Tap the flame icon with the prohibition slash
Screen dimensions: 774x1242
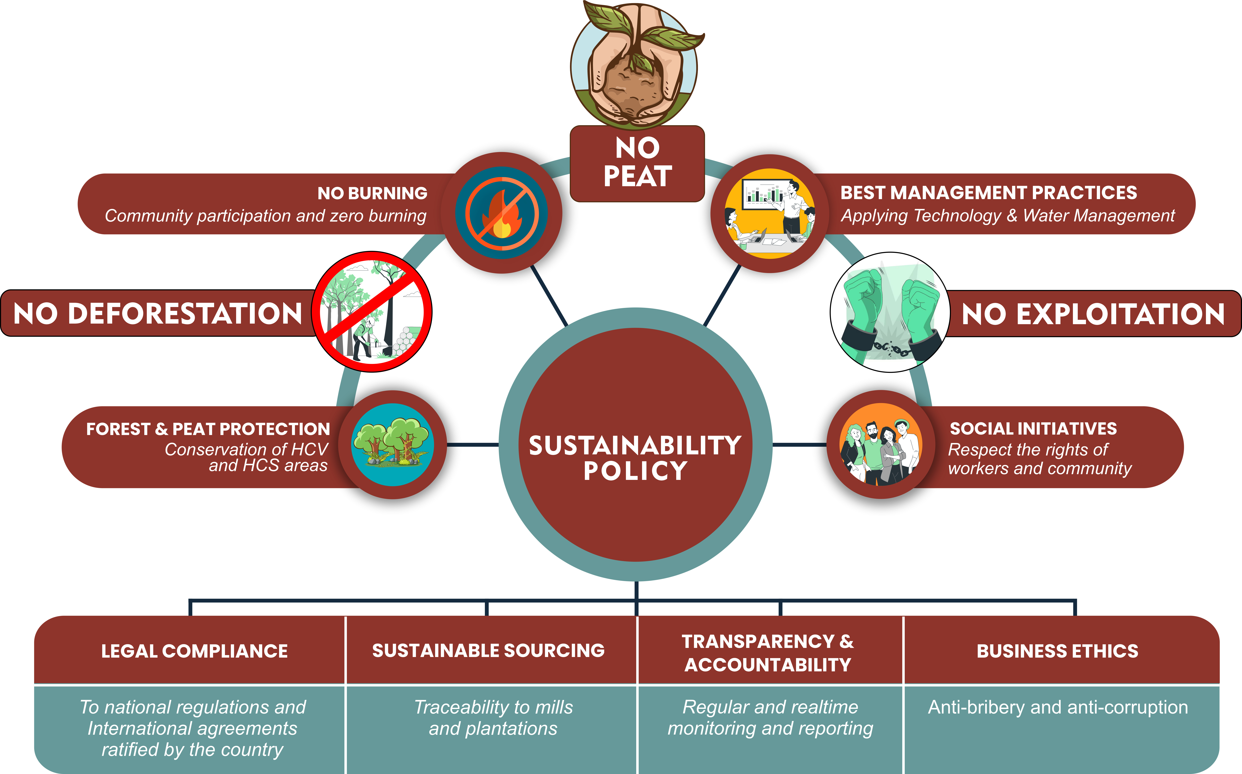pos(502,212)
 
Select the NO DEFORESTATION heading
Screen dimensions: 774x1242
pos(158,313)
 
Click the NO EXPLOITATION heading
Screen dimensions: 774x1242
pos(1093,314)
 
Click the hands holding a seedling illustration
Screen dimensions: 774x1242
pos(635,64)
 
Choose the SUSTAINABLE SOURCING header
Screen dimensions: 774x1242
pos(488,651)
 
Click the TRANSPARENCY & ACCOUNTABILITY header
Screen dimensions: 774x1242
pos(768,653)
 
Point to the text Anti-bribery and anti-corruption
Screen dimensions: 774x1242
pos(1058,707)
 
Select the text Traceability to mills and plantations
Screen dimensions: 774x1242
pos(493,718)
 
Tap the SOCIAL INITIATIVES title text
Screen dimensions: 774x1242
pos(1033,428)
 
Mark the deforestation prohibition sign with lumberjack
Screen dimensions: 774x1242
pos(372,312)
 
